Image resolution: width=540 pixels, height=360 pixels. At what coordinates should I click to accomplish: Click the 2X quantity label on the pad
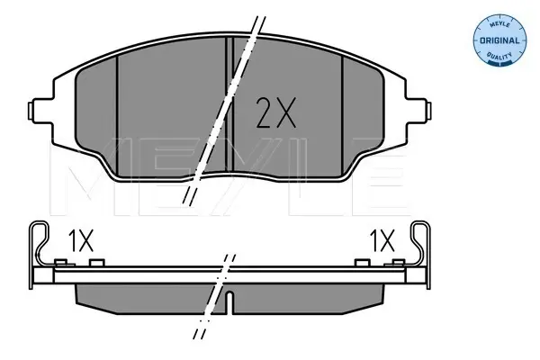point(276,112)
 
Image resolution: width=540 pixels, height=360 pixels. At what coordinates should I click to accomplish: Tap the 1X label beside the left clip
point(81,241)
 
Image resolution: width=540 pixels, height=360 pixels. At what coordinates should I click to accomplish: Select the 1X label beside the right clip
point(382,241)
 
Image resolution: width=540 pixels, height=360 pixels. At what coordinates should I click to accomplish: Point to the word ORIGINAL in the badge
point(499,40)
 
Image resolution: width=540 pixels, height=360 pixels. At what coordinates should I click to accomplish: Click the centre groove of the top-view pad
point(229,104)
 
